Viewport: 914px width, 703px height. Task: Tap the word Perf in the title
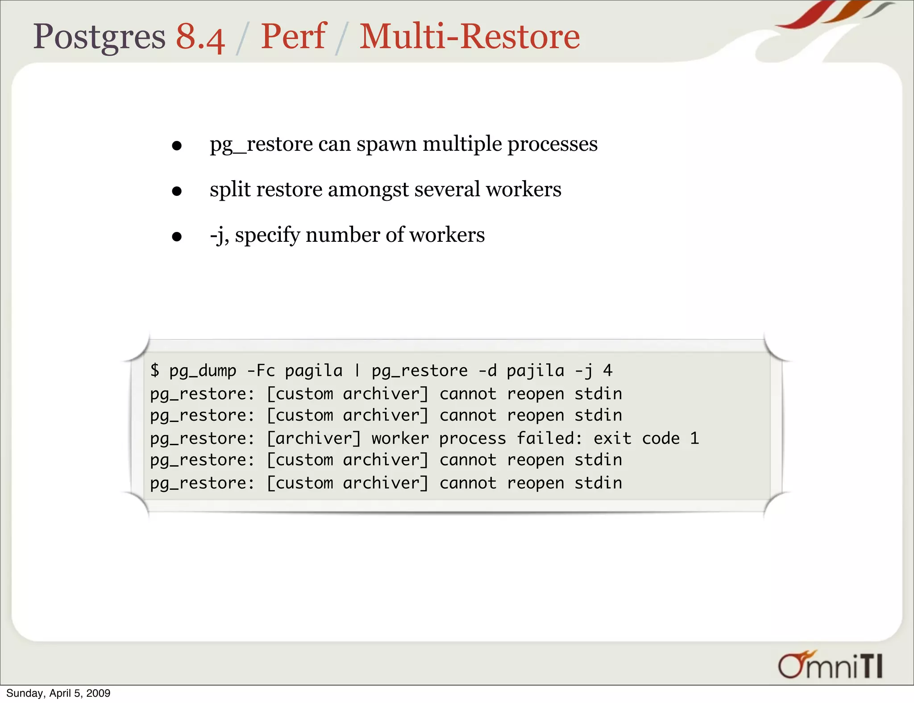point(293,37)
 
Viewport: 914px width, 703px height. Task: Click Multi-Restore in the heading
point(469,37)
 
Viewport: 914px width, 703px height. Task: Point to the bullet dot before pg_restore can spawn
point(177,145)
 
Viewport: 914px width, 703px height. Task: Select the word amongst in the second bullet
point(368,190)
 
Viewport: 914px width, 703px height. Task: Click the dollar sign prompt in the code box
point(154,370)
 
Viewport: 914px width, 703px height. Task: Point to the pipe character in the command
point(357,370)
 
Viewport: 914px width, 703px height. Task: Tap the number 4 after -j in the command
point(607,370)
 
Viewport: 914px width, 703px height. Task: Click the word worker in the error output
point(400,438)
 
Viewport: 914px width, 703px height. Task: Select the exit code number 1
point(694,438)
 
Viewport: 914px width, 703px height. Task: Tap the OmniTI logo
point(830,666)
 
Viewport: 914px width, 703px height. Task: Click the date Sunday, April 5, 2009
point(58,693)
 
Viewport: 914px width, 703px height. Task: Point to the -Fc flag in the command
point(261,370)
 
